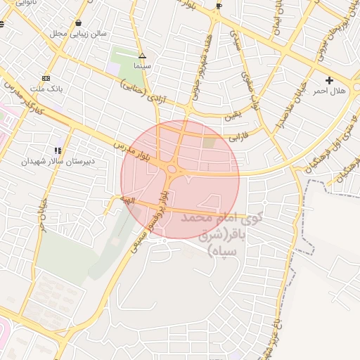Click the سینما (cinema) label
click(x=143, y=65)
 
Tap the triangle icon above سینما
click(x=143, y=55)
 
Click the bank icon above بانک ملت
click(x=46, y=78)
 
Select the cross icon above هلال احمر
click(x=329, y=81)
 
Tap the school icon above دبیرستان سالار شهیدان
click(x=58, y=150)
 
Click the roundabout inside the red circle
click(x=172, y=169)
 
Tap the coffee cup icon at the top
click(x=219, y=6)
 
